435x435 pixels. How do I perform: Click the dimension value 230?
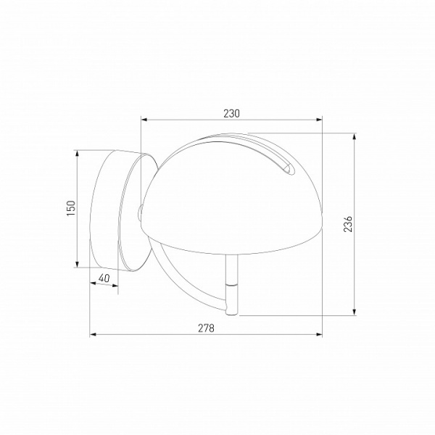click(231, 113)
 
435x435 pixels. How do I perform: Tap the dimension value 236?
click(347, 225)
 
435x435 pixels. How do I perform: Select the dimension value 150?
click(70, 209)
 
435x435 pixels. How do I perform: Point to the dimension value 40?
click(103, 278)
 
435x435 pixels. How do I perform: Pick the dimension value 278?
click(207, 328)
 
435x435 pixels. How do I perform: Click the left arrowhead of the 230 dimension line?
click(144, 120)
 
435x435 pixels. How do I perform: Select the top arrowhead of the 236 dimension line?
click(355, 136)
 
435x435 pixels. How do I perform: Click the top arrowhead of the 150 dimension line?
click(78, 154)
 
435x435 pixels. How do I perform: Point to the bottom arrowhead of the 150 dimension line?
click(78, 265)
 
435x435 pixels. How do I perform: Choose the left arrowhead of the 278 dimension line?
click(93, 335)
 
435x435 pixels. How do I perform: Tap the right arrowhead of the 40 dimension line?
click(117, 285)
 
